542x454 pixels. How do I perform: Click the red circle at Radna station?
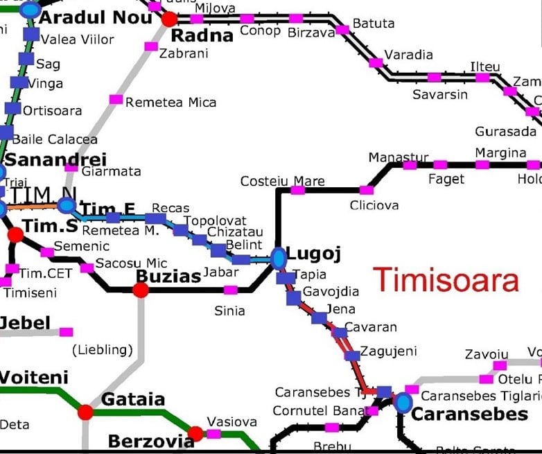pos(169,18)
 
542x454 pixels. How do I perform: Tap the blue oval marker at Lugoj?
pos(278,258)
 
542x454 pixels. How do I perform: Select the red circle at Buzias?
pos(141,290)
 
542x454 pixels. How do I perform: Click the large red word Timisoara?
pos(446,281)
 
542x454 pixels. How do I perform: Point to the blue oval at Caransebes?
pos(403,402)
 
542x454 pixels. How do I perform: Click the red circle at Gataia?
pos(85,412)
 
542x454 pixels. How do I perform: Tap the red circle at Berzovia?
pos(195,434)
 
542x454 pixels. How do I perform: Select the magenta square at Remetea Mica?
pos(116,100)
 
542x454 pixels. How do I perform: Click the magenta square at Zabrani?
pos(150,46)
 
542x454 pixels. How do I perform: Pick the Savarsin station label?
pos(440,94)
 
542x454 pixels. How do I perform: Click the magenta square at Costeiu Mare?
pos(297,190)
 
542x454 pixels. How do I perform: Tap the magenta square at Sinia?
pos(230,290)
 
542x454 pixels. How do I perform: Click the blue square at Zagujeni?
pos(353,356)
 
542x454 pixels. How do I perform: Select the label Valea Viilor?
pos(78,40)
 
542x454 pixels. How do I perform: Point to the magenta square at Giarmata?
pos(71,167)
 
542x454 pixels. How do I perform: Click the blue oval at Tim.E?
pos(67,206)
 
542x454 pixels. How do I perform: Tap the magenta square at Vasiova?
pos(214,434)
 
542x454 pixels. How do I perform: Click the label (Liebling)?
pos(102,350)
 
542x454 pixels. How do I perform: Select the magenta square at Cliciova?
pos(367,190)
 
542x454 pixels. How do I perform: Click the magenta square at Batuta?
pos(342,29)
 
